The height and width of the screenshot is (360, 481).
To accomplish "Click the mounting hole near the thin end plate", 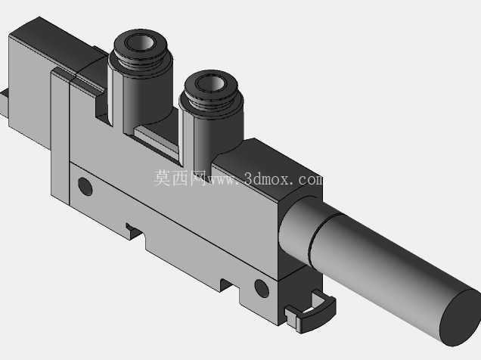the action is (x=85, y=186).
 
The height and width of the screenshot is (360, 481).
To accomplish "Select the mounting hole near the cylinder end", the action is (x=262, y=289).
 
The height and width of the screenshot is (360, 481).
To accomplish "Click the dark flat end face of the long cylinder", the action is (x=461, y=318).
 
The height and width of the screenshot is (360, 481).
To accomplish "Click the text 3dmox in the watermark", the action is (x=267, y=178).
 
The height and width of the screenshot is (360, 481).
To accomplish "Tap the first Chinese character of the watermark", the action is (x=162, y=178).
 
